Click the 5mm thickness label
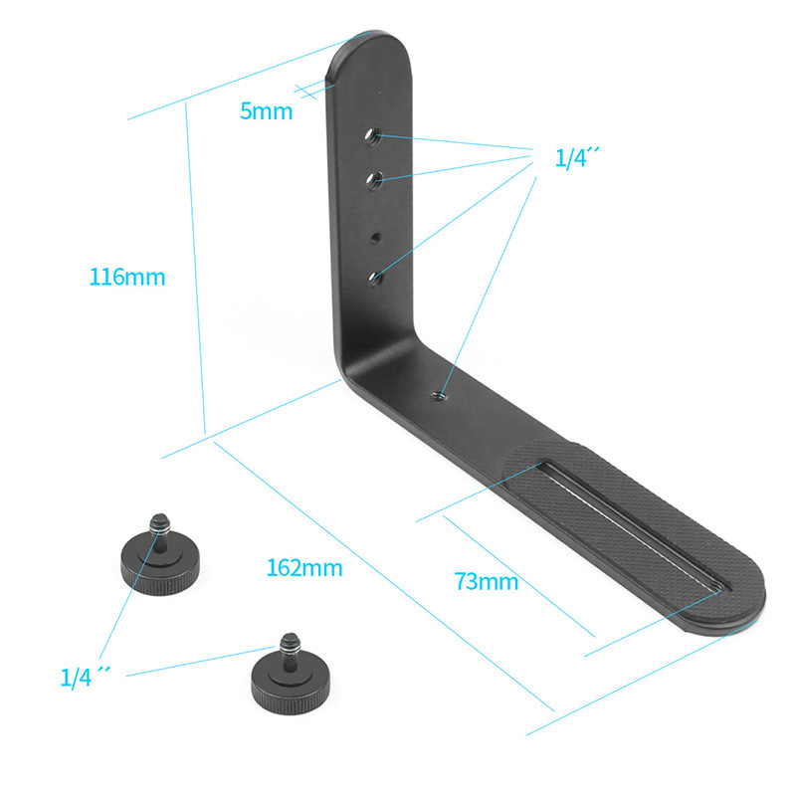pos(266,111)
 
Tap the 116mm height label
pos(127,278)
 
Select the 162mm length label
pos(304,567)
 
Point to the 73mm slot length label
pos(487,581)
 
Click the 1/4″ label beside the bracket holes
pos(577,158)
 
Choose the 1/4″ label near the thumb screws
pos(85,678)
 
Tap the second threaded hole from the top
pos(375,180)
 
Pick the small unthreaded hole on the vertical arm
pos(375,238)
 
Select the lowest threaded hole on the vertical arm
pos(376,279)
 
